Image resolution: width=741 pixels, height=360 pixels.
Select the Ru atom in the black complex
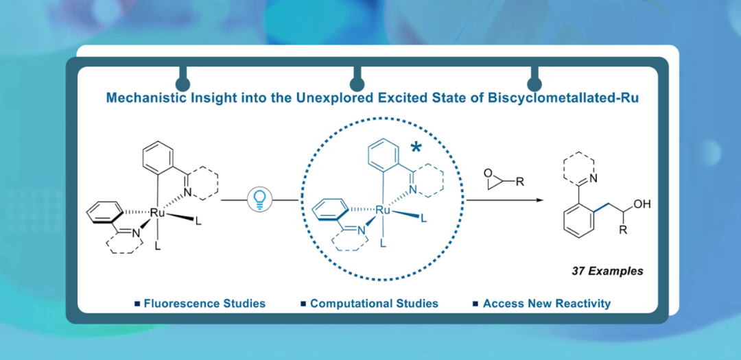pos(156,213)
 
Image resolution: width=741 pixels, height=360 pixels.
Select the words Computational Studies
pos(374,303)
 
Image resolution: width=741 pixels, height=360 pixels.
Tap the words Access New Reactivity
pos(546,303)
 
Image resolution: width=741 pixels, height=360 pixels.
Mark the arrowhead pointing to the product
pos(539,200)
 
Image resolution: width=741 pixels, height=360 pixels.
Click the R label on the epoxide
pos(519,181)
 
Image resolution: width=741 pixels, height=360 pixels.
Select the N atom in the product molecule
pos(594,178)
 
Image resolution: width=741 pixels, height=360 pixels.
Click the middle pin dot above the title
pos(357,84)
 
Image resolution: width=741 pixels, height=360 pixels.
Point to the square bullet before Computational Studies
pos(303,303)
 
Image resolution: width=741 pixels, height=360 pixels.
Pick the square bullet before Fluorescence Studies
pos(137,303)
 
